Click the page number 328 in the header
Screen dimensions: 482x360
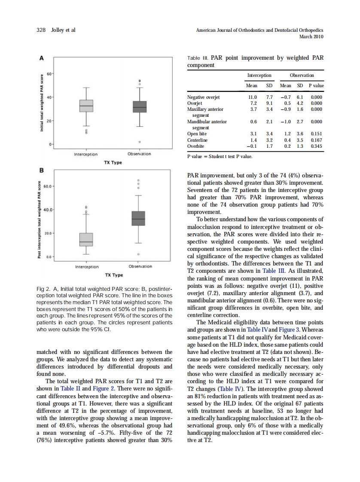[x=41, y=30]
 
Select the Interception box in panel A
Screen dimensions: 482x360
[x=86, y=105]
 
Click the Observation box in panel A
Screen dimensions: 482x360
[x=140, y=106]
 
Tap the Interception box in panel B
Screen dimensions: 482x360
[x=86, y=239]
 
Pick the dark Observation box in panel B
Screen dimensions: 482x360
[x=138, y=218]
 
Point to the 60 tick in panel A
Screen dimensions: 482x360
[x=49, y=74]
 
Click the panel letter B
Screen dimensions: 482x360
[x=42, y=170]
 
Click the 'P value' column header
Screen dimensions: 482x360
[x=316, y=85]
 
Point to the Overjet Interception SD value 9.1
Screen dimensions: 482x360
[x=269, y=104]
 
